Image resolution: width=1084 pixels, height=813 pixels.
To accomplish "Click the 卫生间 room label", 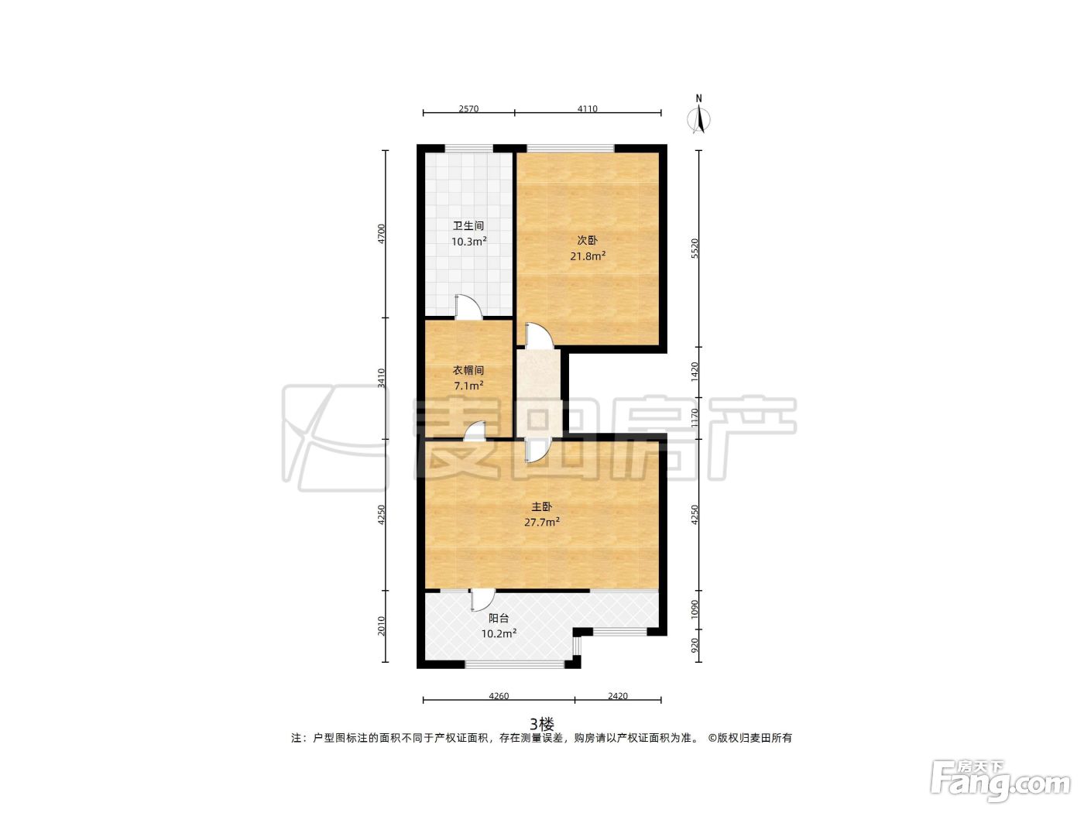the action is (468, 225).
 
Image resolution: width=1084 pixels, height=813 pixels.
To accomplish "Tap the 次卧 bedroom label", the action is (587, 240).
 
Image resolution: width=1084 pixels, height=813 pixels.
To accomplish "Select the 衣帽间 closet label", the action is (468, 370).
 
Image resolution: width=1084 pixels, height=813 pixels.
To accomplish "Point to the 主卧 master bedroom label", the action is (541, 506).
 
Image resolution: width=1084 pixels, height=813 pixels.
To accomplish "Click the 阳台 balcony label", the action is (499, 618).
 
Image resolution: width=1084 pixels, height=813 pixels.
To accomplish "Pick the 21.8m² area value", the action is (588, 256).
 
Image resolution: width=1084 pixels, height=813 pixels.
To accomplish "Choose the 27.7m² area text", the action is (542, 522).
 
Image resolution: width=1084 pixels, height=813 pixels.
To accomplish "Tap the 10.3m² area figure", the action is (468, 241).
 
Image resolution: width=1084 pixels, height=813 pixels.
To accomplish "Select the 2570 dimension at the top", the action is (468, 108).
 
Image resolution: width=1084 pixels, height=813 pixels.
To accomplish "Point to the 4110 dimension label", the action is (587, 108).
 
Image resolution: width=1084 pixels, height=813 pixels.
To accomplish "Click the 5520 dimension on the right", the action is (695, 249).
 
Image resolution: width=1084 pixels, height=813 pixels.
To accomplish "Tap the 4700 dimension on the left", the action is (381, 234).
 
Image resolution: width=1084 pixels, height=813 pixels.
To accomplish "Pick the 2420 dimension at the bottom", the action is (617, 696).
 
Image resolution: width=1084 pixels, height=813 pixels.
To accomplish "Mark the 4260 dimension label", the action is (499, 696).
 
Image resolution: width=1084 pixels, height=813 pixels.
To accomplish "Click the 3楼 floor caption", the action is (542, 724).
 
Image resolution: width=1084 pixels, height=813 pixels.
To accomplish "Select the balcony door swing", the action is (482, 600).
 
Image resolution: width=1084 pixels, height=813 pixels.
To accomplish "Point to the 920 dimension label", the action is (695, 645).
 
